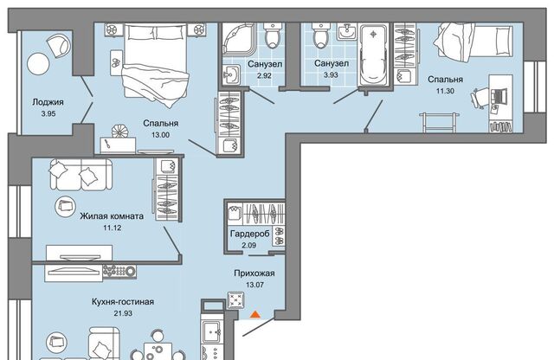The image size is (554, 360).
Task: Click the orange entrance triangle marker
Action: point(254,314)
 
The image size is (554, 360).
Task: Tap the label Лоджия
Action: point(48,102)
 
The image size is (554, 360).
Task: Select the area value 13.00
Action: point(161,135)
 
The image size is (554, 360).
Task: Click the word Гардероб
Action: point(250,234)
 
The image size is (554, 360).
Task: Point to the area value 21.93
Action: point(123,313)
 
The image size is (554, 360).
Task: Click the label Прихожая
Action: point(254,273)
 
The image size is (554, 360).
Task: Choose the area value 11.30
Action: point(445,91)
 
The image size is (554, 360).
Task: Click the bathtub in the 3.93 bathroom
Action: point(373,54)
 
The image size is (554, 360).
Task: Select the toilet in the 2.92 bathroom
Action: point(273,35)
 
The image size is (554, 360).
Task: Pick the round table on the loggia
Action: point(38,64)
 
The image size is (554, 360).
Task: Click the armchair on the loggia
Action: point(58,45)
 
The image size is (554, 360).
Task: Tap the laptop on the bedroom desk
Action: point(499,95)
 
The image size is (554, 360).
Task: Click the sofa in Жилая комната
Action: point(81,175)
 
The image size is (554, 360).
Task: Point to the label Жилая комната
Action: point(112,216)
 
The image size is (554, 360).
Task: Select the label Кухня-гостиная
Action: point(123,302)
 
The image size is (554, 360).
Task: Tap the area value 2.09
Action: point(249,245)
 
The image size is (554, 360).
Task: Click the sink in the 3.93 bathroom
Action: point(347,31)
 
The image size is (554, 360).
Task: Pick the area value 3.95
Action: point(48,113)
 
